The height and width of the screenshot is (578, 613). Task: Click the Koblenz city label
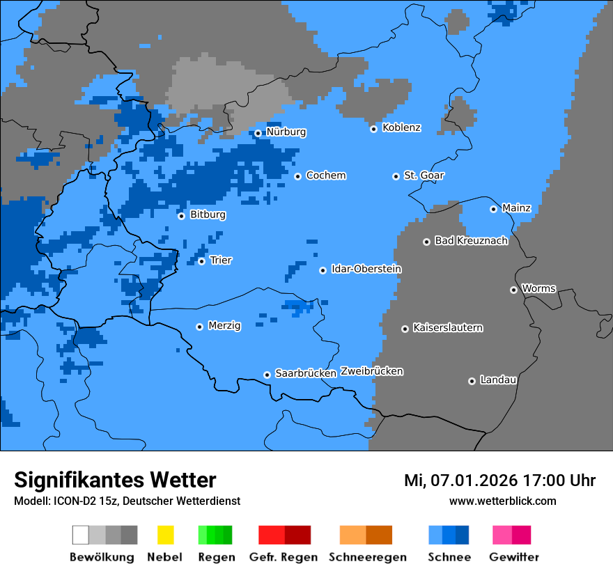(401, 128)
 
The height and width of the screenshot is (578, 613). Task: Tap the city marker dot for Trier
(201, 261)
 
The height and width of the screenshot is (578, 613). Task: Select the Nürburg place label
(286, 132)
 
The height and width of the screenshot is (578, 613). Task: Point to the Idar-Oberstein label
(366, 270)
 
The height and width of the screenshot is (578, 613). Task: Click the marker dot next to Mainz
(493, 209)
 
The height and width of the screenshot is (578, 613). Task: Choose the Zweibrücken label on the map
(371, 372)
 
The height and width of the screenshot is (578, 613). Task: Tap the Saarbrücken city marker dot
(267, 375)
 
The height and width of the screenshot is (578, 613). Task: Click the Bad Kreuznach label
(471, 241)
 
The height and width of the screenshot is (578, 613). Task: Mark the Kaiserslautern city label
(447, 328)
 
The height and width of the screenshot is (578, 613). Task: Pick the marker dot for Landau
(472, 381)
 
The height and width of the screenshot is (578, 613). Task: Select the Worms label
(538, 289)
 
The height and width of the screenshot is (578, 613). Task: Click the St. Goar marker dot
(396, 176)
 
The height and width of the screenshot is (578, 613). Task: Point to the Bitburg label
(208, 215)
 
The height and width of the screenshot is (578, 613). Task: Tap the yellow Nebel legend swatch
(165, 535)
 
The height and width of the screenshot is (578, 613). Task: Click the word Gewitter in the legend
(514, 557)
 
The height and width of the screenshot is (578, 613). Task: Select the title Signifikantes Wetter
(115, 480)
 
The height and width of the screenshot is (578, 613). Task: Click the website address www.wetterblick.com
(502, 501)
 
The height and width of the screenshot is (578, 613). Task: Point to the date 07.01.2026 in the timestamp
(474, 481)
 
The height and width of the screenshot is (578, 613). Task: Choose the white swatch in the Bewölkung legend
(81, 535)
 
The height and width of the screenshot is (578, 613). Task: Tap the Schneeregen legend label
(368, 557)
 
